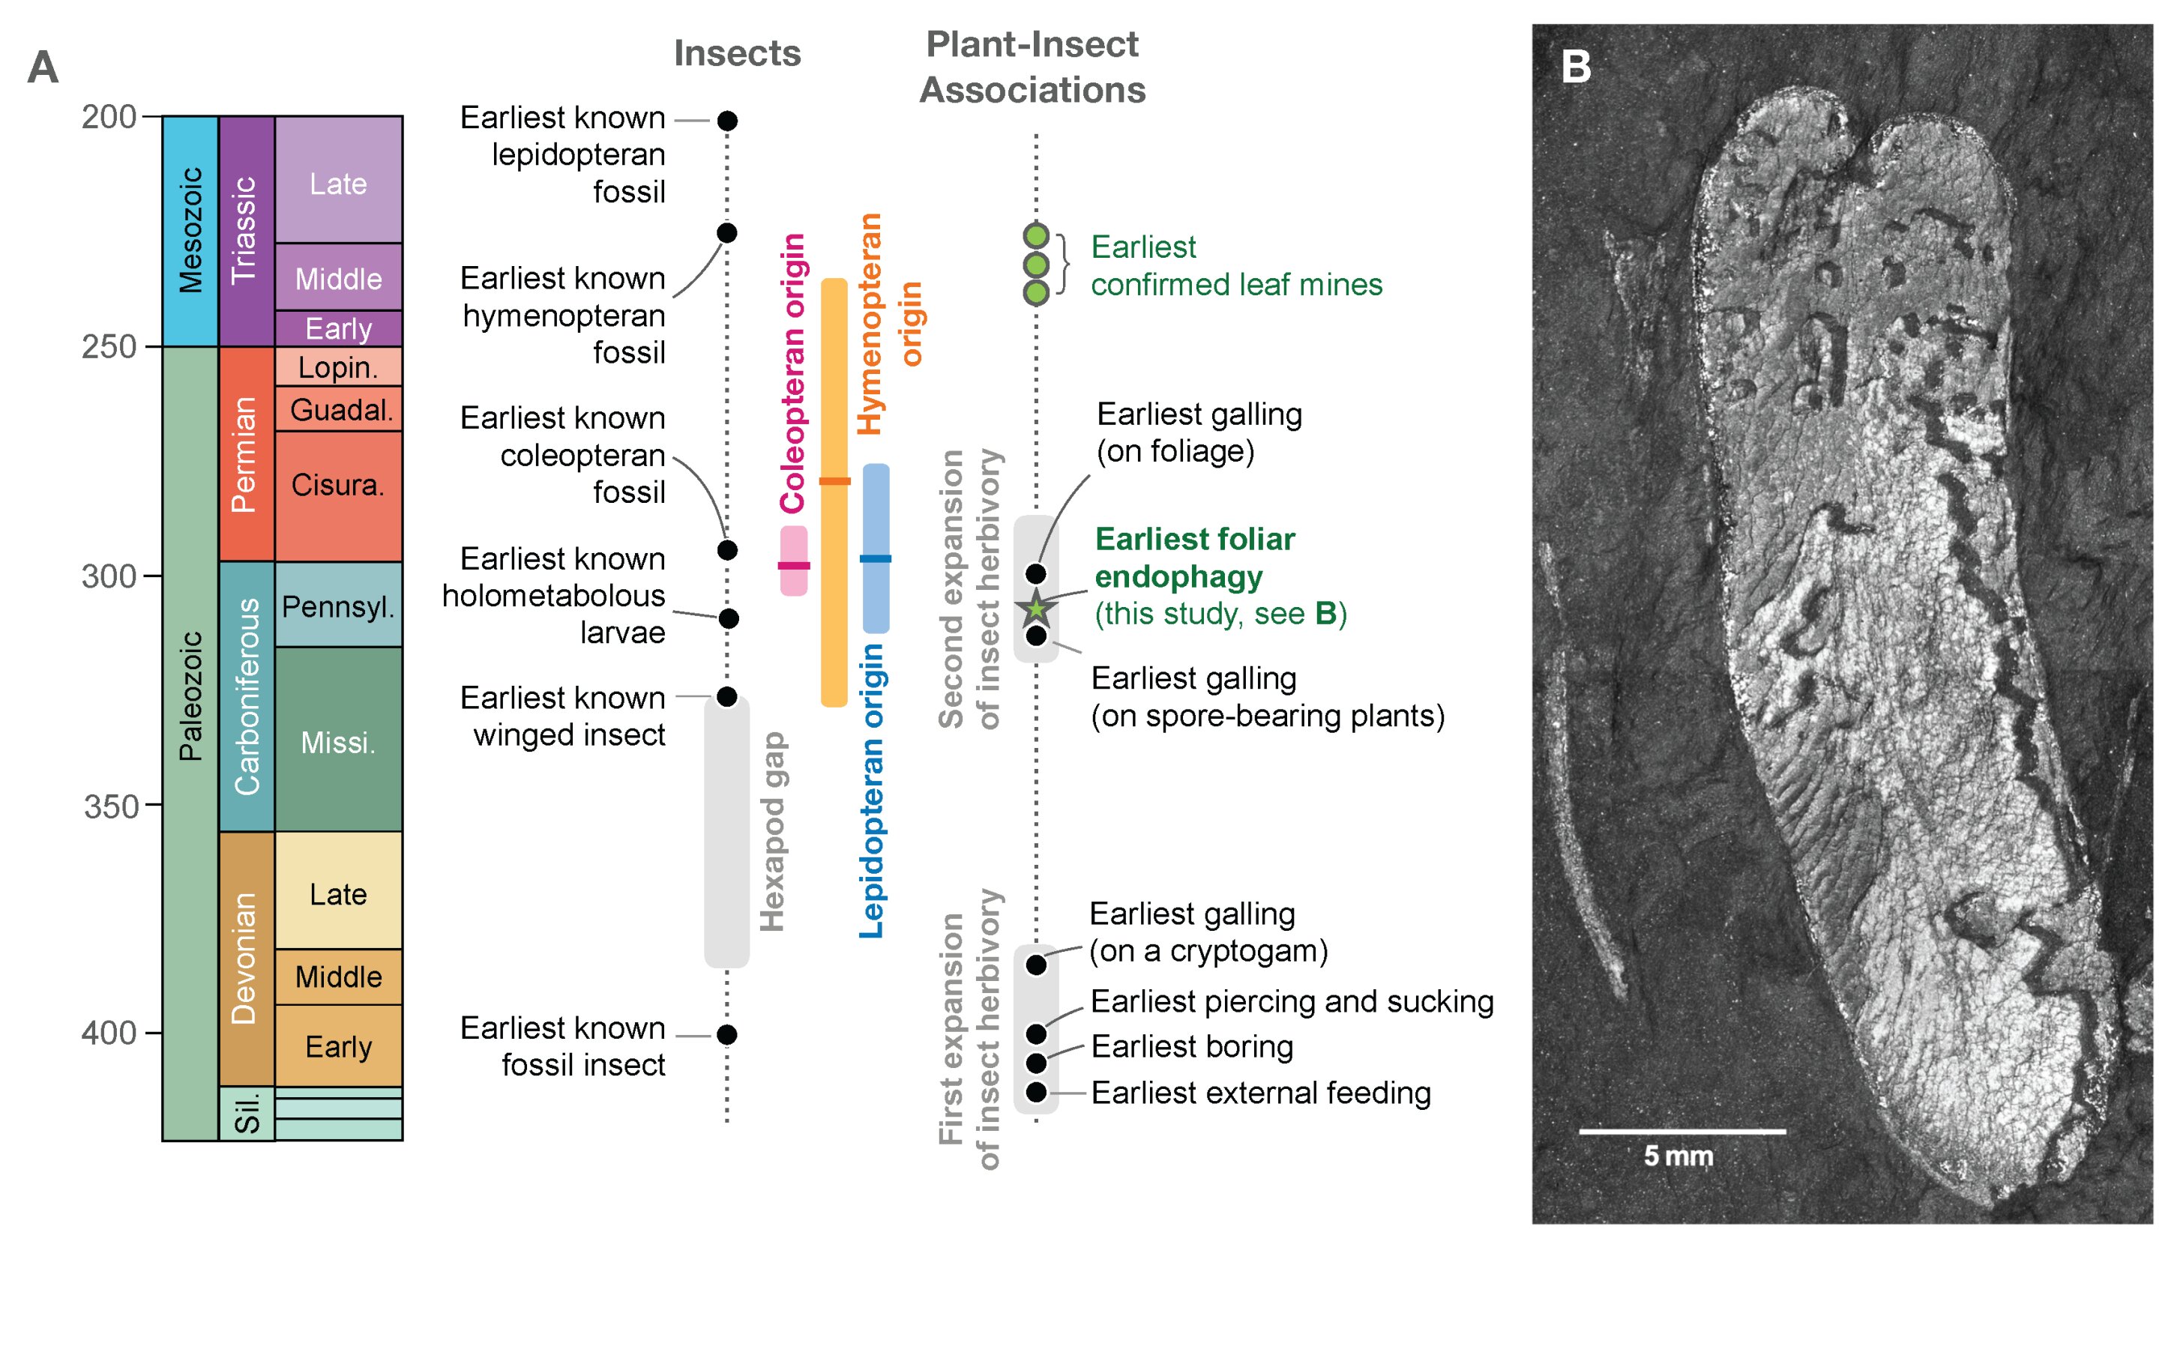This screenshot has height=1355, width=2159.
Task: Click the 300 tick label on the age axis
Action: coord(109,576)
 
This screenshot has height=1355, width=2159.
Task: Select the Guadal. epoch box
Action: coord(338,409)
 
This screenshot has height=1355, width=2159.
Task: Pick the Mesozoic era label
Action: coord(190,230)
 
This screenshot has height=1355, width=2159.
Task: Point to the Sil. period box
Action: coord(246,1113)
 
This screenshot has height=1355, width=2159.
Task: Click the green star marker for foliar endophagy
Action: coord(1035,609)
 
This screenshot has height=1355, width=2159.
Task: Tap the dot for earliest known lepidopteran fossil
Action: coord(727,120)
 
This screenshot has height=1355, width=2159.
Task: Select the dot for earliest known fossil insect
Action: coord(727,1034)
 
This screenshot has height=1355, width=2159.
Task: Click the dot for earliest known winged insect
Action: coord(727,696)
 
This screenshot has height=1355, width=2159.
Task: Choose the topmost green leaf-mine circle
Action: coord(1035,235)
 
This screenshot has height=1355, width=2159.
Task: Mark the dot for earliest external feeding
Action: coord(1035,1091)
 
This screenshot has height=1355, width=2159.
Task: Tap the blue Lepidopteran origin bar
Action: coord(875,549)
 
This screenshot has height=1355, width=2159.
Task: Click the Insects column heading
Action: coord(737,54)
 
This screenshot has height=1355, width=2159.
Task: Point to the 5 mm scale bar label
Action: coord(1677,1156)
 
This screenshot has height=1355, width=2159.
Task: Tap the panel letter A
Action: coord(43,67)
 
